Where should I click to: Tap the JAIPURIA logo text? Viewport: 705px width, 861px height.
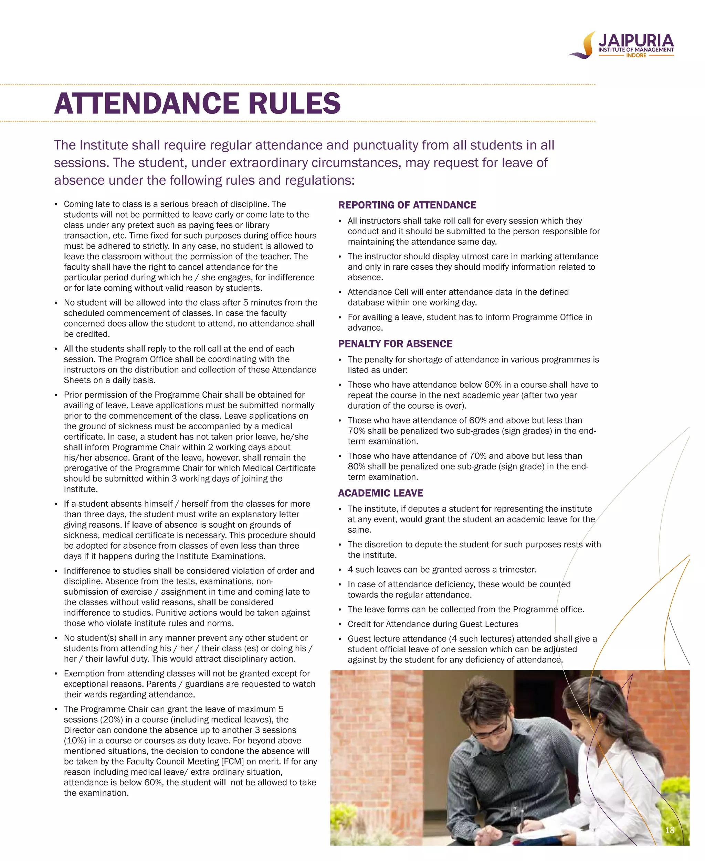[x=636, y=41]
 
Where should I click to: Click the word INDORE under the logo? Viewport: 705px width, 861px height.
[x=636, y=55]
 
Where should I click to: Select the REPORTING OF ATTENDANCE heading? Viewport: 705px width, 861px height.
[x=407, y=205]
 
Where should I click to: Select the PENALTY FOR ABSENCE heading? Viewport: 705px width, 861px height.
[x=395, y=344]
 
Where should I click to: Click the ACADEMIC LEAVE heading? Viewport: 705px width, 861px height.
[x=380, y=493]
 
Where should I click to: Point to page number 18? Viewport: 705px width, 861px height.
[x=670, y=830]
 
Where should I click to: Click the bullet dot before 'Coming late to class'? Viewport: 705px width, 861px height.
[x=56, y=204]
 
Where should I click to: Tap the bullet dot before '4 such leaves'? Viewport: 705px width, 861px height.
[x=340, y=570]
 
